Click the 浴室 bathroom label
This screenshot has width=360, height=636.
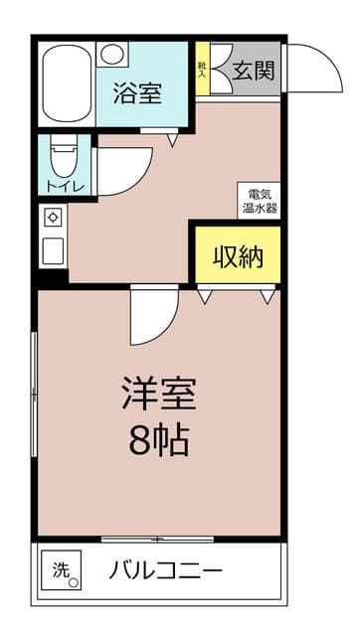[139, 95]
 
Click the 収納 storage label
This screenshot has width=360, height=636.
[238, 256]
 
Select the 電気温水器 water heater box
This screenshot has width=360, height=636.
[258, 201]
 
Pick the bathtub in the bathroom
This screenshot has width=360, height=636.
[67, 85]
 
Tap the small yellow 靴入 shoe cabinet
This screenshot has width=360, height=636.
[202, 70]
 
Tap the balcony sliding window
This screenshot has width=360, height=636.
[157, 539]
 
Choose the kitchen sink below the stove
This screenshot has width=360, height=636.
[53, 249]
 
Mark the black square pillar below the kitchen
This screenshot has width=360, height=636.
[53, 278]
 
